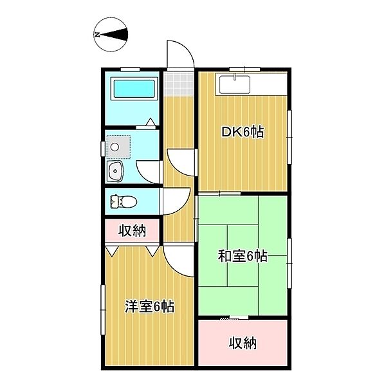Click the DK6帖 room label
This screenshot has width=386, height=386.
tap(243, 132)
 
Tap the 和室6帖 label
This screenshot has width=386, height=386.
tap(243, 256)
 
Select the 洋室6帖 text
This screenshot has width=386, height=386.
tap(150, 306)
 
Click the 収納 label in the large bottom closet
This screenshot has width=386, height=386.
tap(243, 343)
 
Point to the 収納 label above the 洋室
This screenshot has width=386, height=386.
tap(133, 231)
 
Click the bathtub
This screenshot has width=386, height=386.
tap(134, 89)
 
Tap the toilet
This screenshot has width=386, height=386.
tap(124, 202)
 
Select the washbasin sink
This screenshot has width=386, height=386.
tap(115, 171)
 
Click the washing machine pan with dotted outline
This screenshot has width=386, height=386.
tap(118, 147)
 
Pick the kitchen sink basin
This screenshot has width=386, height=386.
tap(235, 85)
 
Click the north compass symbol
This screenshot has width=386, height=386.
tap(111, 35)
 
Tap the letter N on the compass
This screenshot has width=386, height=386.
tap(97, 35)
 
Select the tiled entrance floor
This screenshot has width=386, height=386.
tap(179, 84)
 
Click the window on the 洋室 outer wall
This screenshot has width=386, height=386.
tap(103, 309)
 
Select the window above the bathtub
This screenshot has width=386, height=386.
tap(130, 69)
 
